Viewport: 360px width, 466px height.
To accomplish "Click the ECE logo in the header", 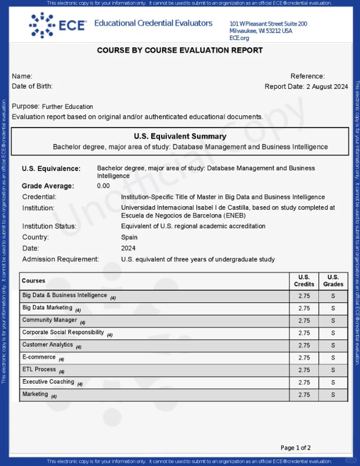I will coord(57,25).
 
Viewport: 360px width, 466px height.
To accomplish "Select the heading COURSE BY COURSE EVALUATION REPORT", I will coord(180,51).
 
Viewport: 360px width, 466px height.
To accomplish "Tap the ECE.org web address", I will coord(239,38).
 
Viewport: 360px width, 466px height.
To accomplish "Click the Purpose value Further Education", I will coord(67,106).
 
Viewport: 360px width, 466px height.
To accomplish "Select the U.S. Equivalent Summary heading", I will coord(180,136).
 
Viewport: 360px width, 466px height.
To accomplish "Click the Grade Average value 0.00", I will coord(103,186).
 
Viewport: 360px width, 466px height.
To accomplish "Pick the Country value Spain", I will coord(129,237).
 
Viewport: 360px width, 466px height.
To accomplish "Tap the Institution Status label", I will coord(49,226).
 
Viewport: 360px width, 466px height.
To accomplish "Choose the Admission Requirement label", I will coord(61,259).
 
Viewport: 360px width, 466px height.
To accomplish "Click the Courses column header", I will coord(34,281).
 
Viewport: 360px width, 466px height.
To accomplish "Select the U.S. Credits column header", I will coord(304,280).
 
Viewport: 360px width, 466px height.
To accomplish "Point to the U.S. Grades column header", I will coord(333,280).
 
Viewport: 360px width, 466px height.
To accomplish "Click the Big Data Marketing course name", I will coord(47,308).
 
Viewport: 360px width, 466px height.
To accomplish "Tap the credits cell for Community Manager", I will coord(304,320).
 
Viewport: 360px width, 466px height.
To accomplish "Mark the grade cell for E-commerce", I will coord(333,358).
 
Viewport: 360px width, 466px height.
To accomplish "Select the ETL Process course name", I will coord(39,370).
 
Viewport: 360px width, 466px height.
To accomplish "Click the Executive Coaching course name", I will coord(48,382).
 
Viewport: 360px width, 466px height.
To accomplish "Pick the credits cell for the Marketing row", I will coord(304,395).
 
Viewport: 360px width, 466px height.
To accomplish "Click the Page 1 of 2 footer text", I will coord(296,448).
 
